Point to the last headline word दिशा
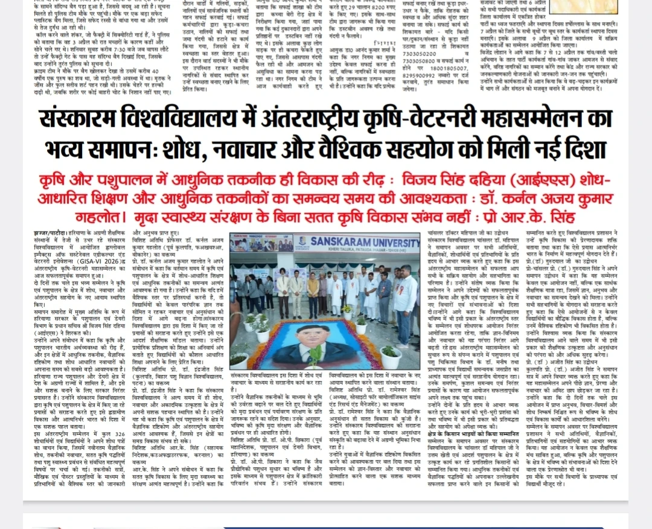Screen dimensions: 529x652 (579, 148)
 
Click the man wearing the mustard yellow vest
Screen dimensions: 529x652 (313, 288)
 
